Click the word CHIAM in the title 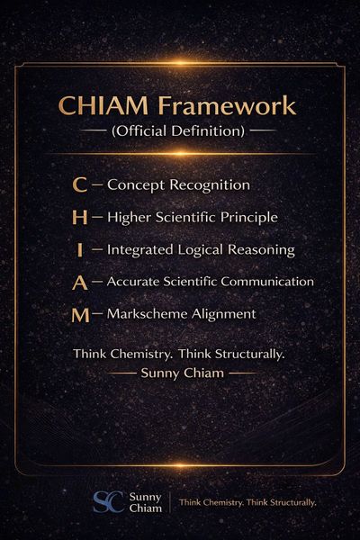(x=103, y=105)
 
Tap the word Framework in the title (x=227, y=105)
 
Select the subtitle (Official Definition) (x=178, y=131)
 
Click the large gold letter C (x=79, y=184)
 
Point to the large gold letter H (x=79, y=218)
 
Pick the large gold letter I (x=80, y=250)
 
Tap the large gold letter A (x=80, y=283)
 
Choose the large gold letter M (x=81, y=316)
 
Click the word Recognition (x=210, y=185)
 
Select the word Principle (x=249, y=218)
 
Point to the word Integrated (x=139, y=250)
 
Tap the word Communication (x=267, y=282)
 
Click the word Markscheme (x=148, y=314)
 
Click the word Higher (x=130, y=218)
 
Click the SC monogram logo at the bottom (x=109, y=502)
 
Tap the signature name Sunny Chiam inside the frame (x=182, y=373)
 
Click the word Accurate (x=133, y=282)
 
